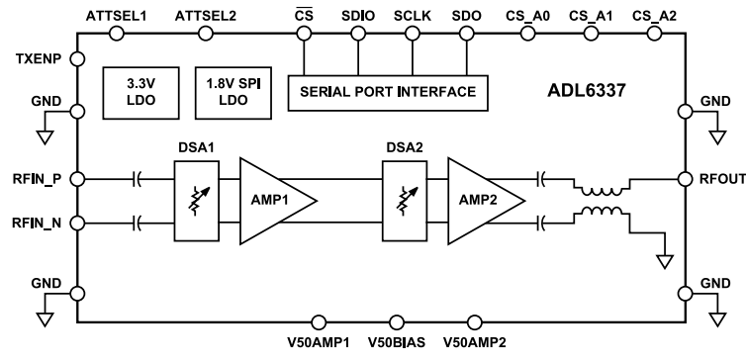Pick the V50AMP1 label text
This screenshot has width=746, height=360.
pyautogui.click(x=315, y=344)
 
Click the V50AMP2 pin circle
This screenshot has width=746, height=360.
pyautogui.click(x=474, y=321)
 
